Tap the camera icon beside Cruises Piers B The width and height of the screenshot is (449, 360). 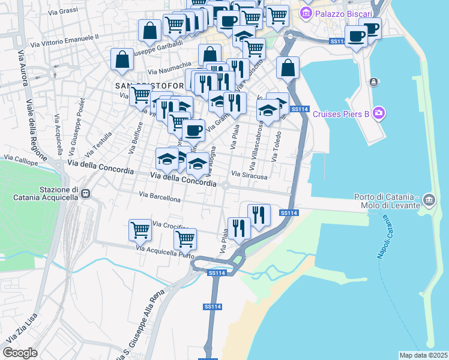click(x=378, y=112)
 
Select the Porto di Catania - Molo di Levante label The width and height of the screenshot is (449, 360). click(x=385, y=202)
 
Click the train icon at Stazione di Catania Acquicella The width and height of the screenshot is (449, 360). click(x=86, y=194)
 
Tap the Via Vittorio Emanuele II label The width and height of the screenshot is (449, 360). click(x=64, y=40)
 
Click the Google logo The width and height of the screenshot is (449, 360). click(x=20, y=353)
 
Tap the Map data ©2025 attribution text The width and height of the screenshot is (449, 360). click(x=423, y=355)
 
